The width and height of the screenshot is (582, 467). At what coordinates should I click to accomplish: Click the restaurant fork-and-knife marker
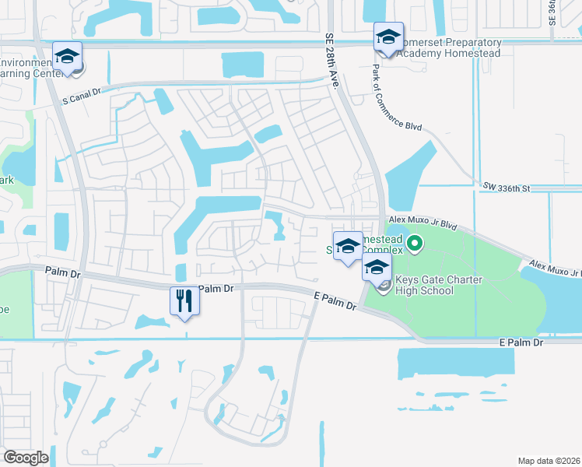tap(184, 300)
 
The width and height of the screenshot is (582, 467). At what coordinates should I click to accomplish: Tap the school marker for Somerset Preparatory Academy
tap(388, 38)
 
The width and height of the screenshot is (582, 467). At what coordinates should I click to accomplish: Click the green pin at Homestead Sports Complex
tap(415, 245)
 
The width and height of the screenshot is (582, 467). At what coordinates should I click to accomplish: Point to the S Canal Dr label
tap(82, 92)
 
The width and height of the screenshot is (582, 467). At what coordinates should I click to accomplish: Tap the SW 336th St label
tap(506, 188)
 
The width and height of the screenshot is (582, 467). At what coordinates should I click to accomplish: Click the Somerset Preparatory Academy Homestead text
tap(448, 47)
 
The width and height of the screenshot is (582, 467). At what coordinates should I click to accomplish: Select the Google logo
tap(26, 458)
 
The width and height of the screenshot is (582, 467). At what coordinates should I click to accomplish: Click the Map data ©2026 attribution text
tap(548, 461)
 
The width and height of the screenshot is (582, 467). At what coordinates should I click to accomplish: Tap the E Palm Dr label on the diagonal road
tap(335, 301)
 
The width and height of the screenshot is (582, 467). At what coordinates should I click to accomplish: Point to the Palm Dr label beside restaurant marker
tap(216, 288)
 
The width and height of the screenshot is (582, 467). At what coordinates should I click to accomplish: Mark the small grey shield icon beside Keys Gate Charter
tap(384, 286)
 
